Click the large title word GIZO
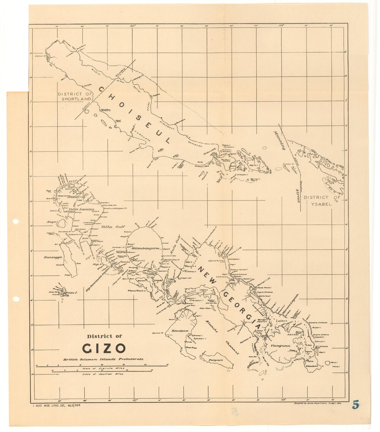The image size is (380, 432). [104, 348]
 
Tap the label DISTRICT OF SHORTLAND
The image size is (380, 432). [75, 96]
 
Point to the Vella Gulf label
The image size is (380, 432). [111, 227]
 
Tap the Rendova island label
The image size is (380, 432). [180, 331]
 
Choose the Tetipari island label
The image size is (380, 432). [215, 359]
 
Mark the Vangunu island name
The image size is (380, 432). [280, 346]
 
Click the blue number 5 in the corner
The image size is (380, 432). [355, 405]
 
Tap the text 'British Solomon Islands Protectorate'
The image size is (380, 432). [103, 359]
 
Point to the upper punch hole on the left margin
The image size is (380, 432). [16, 221]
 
